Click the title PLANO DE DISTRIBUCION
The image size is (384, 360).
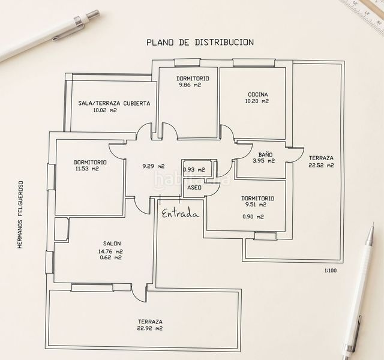[200, 42]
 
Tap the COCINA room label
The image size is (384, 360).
[257, 94]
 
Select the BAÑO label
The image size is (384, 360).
[265, 155]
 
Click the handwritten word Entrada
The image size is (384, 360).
[180, 214]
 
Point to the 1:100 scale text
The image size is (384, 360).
[331, 271]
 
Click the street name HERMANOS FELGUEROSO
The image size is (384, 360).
[20, 215]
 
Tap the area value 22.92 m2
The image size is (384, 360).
[150, 328]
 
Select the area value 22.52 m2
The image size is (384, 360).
[321, 166]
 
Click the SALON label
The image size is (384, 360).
[112, 244]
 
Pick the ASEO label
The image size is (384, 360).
[194, 188]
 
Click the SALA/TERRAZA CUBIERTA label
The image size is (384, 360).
[114, 103]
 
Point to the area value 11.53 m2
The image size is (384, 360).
[87, 169]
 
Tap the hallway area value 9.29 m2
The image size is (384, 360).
[154, 166]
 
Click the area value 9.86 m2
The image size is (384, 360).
[190, 85]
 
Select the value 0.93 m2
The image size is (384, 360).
[194, 169]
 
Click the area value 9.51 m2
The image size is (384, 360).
[255, 205]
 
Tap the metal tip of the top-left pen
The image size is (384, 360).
[94, 14]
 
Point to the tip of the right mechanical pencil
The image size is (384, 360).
[373, 223]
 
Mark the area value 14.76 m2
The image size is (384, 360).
[110, 251]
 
